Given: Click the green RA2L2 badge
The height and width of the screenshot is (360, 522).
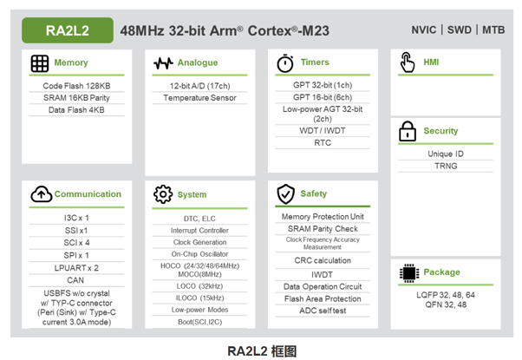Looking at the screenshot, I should [69, 30].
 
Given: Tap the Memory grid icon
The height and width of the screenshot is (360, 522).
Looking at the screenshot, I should [39, 63].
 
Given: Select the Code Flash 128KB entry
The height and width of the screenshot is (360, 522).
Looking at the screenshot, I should [76, 86].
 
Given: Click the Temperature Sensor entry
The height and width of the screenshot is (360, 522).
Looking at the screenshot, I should [199, 98].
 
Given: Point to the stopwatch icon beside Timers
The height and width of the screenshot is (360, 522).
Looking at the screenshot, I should [284, 63].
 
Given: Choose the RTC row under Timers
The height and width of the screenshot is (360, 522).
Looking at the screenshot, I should [323, 143].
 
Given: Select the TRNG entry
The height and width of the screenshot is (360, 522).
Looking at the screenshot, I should [446, 166].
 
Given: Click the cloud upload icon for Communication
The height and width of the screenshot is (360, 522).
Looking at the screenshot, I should [40, 194].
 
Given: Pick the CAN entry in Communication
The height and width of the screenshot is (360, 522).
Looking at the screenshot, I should [76, 280].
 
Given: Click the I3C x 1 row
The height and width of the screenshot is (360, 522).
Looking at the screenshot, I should [76, 218].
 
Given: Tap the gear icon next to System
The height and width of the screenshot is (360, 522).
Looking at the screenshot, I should [162, 194].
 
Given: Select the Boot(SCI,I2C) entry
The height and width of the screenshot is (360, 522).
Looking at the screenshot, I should [199, 322].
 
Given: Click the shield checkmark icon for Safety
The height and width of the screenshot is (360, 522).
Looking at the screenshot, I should [285, 193].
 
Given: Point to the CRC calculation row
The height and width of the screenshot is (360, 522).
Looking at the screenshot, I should [323, 259].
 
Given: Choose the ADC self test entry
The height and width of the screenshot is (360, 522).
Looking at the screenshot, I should [323, 311].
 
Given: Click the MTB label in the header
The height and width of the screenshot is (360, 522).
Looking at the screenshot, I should [493, 30].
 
